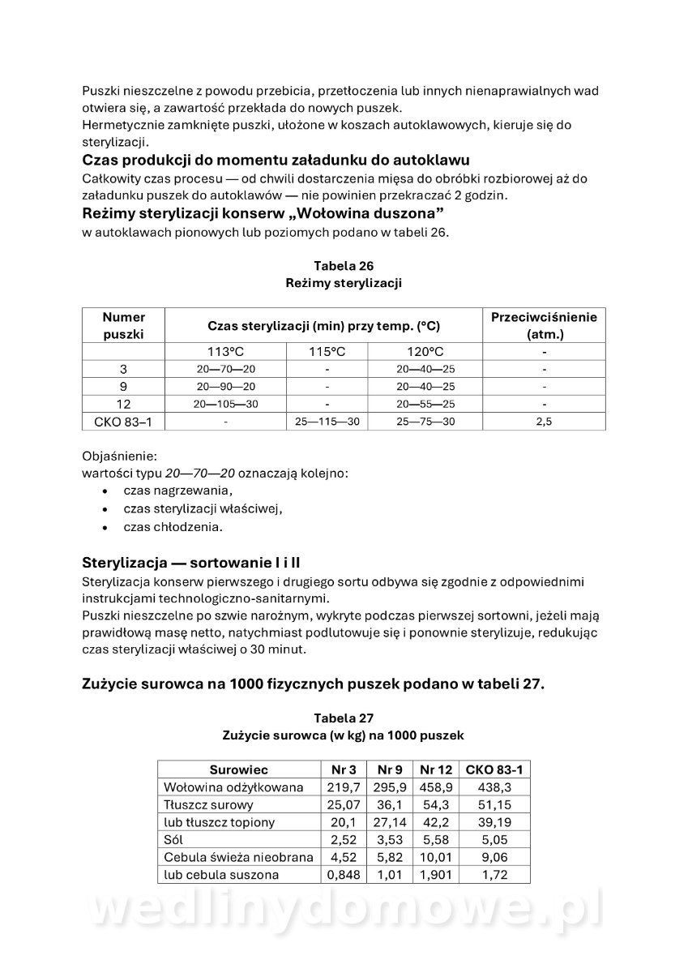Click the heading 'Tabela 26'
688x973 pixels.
344,266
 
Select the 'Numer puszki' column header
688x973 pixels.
124,325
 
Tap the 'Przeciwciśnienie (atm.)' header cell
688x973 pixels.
544,325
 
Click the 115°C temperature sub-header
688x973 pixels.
327,351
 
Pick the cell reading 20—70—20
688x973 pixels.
226,369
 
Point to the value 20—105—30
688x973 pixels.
226,404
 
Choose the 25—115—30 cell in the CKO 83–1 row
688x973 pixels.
327,422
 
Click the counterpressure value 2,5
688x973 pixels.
544,422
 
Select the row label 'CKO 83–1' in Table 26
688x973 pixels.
124,422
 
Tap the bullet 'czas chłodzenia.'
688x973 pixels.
173,526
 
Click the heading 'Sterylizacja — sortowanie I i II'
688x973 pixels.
193,563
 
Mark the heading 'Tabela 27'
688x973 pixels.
344,718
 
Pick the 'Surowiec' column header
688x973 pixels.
238,769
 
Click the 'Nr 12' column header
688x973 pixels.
435,769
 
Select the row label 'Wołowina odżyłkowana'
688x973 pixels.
233,787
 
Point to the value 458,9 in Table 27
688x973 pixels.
435,787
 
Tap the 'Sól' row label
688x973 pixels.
173,840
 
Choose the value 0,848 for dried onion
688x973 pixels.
344,875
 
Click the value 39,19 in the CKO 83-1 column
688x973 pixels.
494,822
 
